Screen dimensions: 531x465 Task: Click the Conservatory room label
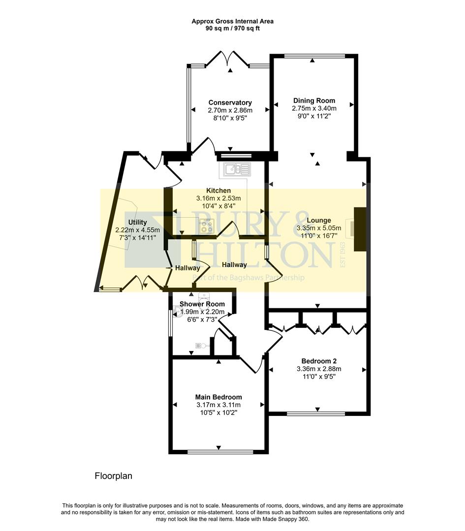click(x=230, y=103)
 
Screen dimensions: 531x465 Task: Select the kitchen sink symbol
click(x=238, y=170)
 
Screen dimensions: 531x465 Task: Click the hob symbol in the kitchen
click(x=206, y=227)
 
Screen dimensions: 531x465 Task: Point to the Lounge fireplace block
click(x=361, y=229)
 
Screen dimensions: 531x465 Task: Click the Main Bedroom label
click(x=218, y=397)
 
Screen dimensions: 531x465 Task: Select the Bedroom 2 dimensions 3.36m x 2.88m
click(x=319, y=369)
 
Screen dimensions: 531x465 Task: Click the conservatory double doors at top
click(x=227, y=59)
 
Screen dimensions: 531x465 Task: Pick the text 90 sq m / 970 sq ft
click(x=232, y=29)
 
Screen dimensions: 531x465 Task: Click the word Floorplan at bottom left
click(x=113, y=476)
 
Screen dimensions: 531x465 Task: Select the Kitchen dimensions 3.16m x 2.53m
click(x=218, y=198)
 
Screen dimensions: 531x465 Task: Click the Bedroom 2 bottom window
click(x=316, y=413)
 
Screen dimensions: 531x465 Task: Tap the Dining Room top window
click(x=313, y=56)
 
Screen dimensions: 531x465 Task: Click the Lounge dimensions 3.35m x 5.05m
click(x=319, y=228)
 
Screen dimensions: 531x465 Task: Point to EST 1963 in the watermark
click(x=342, y=253)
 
